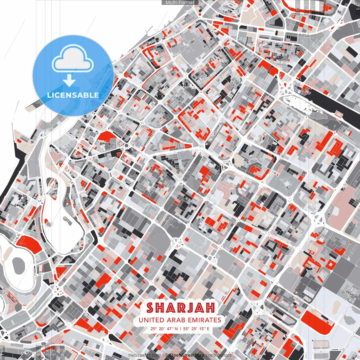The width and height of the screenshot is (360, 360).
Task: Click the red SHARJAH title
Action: [180, 308]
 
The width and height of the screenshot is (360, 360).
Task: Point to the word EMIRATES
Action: [204, 320]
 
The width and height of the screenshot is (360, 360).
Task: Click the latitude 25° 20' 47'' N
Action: [164, 328]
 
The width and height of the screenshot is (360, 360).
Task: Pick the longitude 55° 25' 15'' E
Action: [196, 328]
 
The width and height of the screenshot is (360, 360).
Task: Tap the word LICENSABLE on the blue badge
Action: [73, 95]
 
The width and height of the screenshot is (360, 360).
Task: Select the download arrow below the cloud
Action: [69, 81]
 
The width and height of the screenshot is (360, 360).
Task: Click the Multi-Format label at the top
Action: [180, 3]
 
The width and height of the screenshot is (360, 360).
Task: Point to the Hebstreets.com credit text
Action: [145, 355]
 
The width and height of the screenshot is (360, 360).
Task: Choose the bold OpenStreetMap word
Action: [187, 355]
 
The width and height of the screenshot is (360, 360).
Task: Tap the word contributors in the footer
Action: [219, 355]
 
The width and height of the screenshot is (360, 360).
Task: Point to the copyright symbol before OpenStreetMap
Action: [166, 355]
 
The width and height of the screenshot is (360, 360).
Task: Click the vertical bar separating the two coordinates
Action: [180, 328]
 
